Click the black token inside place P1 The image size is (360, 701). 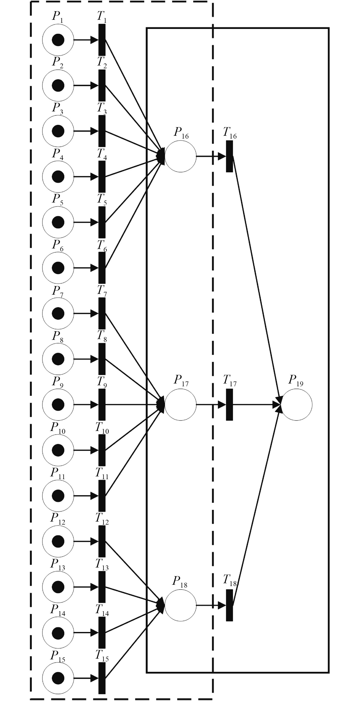pos(58,40)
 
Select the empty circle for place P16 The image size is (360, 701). pos(180,156)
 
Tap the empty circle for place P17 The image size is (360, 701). pos(180,405)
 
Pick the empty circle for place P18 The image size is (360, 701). pos(180,605)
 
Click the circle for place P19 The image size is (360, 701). pos(296,405)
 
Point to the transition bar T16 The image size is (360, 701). pos(229,156)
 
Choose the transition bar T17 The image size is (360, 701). pos(229,405)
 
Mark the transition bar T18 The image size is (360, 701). pos(229,605)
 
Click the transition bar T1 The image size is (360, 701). pos(102,40)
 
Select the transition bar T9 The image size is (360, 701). pos(102,405)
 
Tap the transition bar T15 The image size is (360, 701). pos(102,678)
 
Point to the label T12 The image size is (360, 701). pos(102,518)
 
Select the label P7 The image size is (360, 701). pos(58,291)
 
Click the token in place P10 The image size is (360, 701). pos(58,450)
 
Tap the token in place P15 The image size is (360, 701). pos(58,678)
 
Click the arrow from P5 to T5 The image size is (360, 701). pos(86,222)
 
